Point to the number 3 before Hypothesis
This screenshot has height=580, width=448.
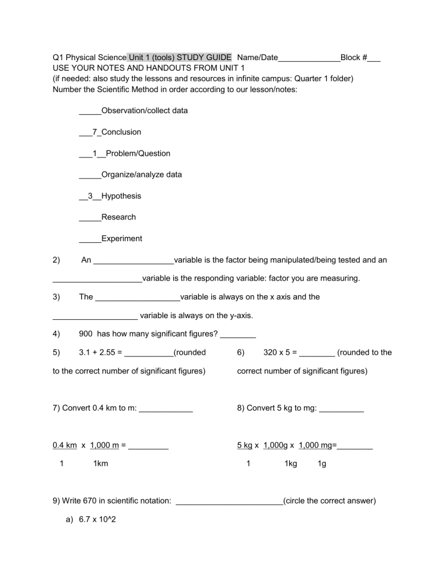(90, 196)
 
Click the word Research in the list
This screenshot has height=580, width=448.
(118, 217)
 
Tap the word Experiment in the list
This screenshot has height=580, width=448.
(121, 239)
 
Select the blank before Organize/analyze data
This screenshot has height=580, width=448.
(90, 175)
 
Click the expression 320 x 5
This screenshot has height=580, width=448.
(277, 352)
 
